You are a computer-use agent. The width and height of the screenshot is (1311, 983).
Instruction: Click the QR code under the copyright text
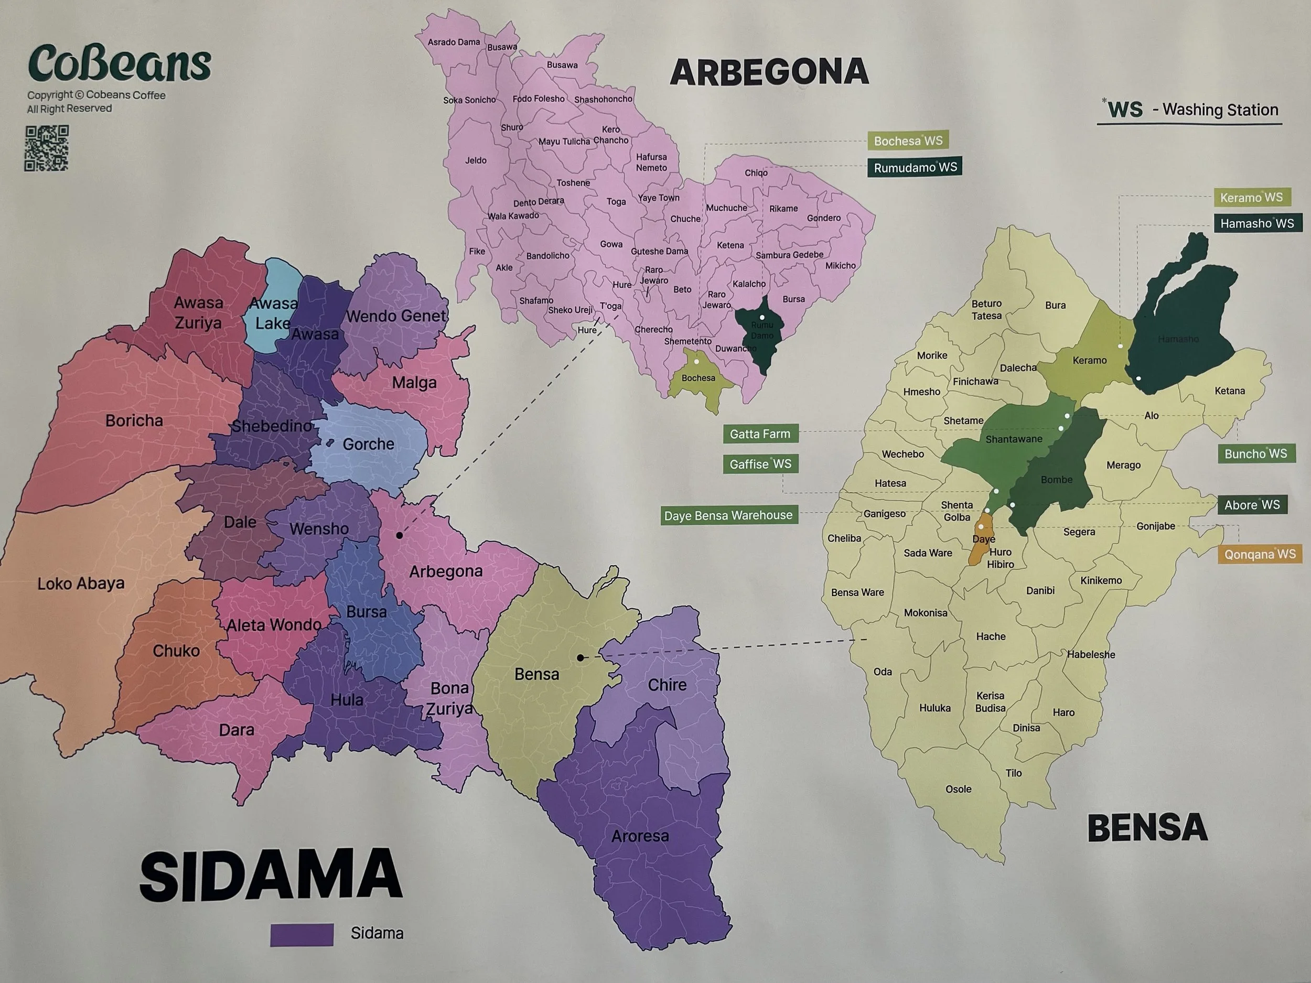pyautogui.click(x=46, y=148)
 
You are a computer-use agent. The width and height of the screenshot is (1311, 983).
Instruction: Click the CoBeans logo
pyautogui.click(x=119, y=63)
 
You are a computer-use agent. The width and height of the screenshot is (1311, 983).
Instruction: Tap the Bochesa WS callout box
pyautogui.click(x=908, y=141)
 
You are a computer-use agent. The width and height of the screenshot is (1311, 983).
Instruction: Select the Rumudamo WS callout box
pyautogui.click(x=915, y=167)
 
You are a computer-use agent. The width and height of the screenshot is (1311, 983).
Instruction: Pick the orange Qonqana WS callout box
pyautogui.click(x=1260, y=554)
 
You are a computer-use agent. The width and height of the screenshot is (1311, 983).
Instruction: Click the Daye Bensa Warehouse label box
pyautogui.click(x=728, y=515)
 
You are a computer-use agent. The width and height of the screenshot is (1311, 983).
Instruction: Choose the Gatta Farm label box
pyautogui.click(x=760, y=434)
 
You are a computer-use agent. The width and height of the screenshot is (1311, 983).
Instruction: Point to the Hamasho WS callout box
pyautogui.click(x=1257, y=223)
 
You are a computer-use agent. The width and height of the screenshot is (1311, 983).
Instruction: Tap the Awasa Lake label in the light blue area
pyautogui.click(x=273, y=313)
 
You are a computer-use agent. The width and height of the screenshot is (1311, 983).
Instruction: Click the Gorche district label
pyautogui.click(x=368, y=444)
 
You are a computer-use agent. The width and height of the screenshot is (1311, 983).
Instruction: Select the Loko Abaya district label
pyautogui.click(x=81, y=584)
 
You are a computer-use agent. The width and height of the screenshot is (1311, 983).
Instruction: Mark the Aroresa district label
pyautogui.click(x=640, y=836)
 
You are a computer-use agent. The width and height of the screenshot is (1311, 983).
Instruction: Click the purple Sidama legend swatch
pyautogui.click(x=302, y=934)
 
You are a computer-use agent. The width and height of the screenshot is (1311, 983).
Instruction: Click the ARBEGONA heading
pyautogui.click(x=769, y=72)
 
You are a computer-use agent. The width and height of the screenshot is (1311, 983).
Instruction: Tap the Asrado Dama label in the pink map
pyautogui.click(x=454, y=42)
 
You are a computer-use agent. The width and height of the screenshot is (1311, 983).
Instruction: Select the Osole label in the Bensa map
pyautogui.click(x=959, y=788)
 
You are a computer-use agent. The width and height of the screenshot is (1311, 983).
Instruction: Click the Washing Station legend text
pyautogui.click(x=1220, y=110)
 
